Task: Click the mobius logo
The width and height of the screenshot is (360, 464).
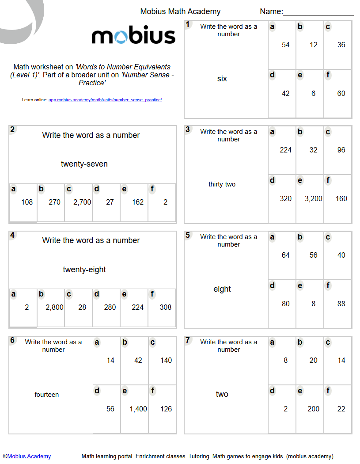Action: coord(133,36)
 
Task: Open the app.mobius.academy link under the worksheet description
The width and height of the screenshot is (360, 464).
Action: coord(105,100)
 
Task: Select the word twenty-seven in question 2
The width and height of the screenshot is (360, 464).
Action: coord(84,164)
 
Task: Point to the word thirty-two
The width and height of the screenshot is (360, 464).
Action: coord(222,184)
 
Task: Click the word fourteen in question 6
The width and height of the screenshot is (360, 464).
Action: coord(47,395)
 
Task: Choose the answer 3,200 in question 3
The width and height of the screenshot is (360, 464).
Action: coord(314,199)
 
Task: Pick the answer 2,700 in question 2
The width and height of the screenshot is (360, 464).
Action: coord(82,202)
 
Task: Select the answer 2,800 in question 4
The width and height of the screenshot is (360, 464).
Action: coord(54,308)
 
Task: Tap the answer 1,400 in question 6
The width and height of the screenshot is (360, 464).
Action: coord(138,409)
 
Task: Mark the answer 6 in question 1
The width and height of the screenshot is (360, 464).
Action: coord(314,94)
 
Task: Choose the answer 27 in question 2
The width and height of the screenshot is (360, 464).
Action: coord(110,202)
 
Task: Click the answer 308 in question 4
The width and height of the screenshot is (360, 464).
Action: coord(166,308)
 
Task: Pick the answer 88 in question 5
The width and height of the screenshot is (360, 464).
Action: coord(341,304)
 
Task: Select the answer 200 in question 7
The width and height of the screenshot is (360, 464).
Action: coord(314,409)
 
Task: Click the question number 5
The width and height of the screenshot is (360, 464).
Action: coord(188,235)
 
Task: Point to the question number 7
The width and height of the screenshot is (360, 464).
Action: coord(188,340)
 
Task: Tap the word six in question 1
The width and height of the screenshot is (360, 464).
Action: coord(222,79)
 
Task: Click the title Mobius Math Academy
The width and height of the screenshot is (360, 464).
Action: coord(180,12)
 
